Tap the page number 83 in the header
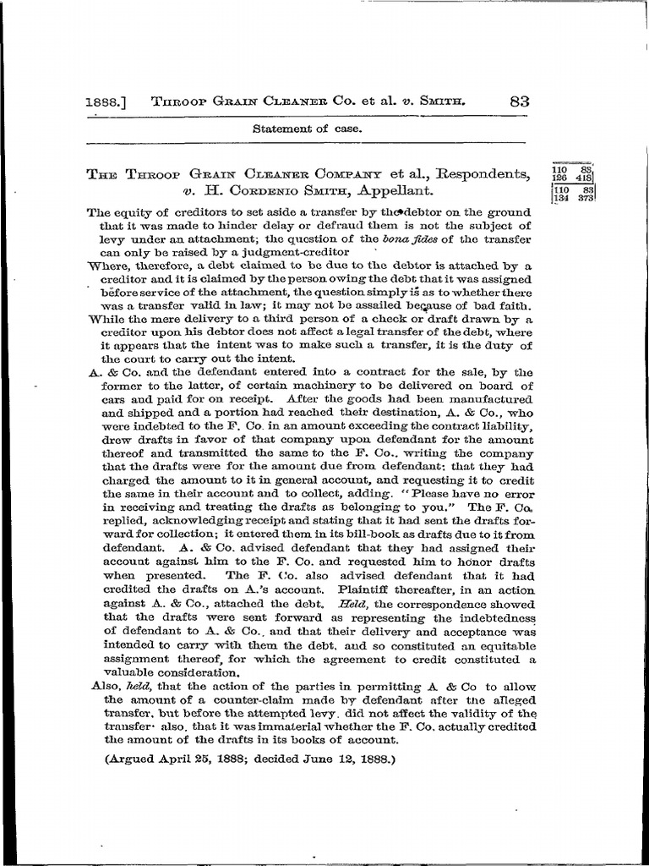(519, 101)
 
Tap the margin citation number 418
(584, 178)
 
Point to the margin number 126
(559, 178)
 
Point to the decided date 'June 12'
(331, 759)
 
